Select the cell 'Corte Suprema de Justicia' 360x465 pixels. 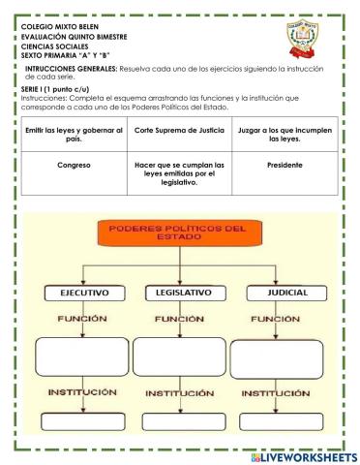(179, 130)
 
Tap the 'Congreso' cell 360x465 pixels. (75, 166)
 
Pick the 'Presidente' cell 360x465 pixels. (284, 166)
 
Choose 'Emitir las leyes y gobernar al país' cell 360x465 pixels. (75, 134)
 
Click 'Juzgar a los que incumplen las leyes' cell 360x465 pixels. (284, 134)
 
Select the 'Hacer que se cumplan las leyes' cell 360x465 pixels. (179, 172)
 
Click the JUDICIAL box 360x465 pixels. (281, 291)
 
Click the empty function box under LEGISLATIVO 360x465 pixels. (181, 355)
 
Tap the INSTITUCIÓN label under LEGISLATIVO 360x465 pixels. (180, 394)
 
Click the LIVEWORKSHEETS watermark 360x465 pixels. (303, 455)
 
